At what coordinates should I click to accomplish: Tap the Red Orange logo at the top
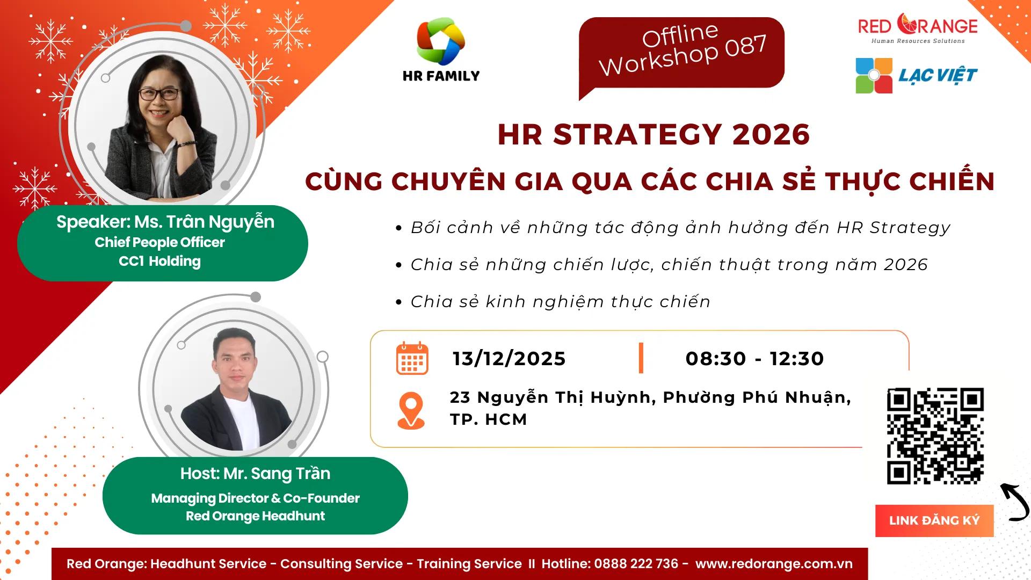(x=918, y=28)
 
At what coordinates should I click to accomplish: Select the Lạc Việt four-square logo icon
(x=874, y=76)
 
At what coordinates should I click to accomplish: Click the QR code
(x=935, y=436)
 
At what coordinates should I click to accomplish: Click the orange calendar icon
(x=412, y=358)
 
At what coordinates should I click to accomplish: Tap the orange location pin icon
(x=411, y=410)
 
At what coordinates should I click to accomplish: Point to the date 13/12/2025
(x=509, y=359)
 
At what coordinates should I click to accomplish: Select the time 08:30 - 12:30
(x=754, y=359)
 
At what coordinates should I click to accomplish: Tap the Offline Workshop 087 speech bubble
(x=681, y=53)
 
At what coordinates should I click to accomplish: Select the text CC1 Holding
(x=159, y=262)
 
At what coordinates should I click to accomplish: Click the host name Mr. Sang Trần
(x=277, y=474)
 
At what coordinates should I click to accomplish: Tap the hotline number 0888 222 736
(x=636, y=564)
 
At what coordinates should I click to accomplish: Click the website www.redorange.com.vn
(x=774, y=564)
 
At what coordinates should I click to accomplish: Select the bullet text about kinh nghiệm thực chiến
(x=560, y=302)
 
